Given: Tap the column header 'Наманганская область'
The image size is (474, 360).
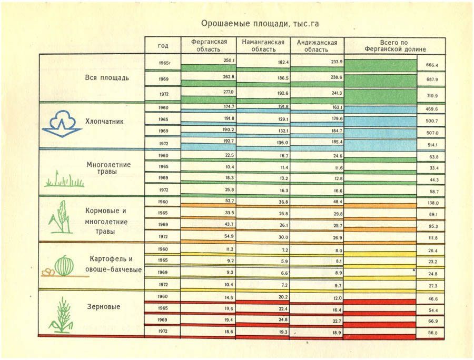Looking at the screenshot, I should coord(263,45).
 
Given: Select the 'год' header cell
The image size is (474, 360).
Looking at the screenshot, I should coord(163,45).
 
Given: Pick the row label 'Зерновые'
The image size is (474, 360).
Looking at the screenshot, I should coord(103,306).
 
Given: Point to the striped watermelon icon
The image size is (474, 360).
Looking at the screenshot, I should coord(64,265).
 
